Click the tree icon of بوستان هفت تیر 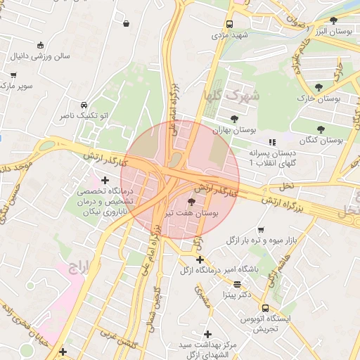pos(193,202)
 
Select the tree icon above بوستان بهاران pos(233,119)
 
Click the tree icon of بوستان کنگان pos(321,129)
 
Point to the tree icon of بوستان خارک pos(319,87)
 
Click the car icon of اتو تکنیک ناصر pos(84,103)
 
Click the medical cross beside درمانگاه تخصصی pos(105,180)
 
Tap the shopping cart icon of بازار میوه pos(261,230)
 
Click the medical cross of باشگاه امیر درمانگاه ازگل pos(200,259)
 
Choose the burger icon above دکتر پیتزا pos(236,285)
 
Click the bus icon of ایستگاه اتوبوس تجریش pos(265,308)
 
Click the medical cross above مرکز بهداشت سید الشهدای pos(207,334)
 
